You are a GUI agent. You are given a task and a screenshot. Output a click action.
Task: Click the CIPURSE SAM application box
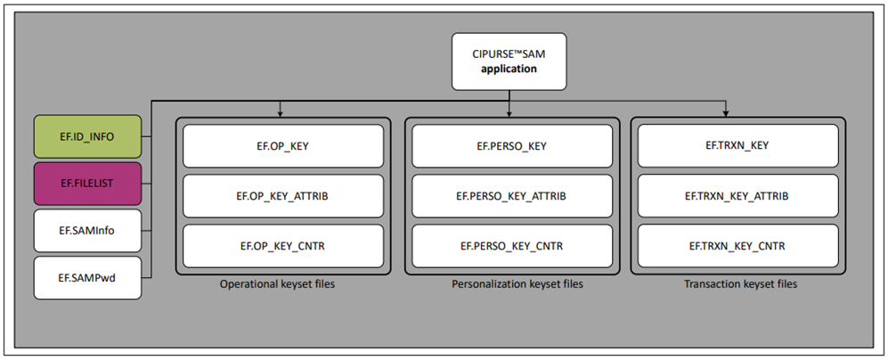point(509,61)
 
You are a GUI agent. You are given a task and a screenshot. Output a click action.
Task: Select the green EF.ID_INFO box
point(87,136)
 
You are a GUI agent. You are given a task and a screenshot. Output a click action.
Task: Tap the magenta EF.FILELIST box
point(87,184)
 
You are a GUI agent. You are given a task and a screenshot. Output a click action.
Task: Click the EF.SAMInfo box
point(87,231)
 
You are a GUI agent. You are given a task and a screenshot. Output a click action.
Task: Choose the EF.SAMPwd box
point(87,278)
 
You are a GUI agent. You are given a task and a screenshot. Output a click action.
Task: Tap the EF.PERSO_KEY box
point(509,146)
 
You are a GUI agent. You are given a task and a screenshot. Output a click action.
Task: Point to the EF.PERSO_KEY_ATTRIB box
point(509,196)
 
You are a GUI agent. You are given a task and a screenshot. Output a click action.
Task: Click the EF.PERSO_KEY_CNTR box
point(509,245)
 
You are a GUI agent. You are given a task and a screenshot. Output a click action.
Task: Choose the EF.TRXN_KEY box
point(737,146)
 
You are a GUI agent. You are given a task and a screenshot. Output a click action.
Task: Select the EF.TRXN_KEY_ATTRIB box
point(737,196)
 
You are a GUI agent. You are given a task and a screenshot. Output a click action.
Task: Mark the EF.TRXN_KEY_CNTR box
point(737,245)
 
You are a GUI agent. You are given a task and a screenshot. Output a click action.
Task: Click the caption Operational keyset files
point(281,285)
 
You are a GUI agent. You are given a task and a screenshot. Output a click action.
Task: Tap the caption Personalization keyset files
point(509,285)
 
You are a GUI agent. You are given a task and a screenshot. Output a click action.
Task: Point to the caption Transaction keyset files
point(737,285)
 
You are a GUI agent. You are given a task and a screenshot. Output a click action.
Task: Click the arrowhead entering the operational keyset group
point(281,113)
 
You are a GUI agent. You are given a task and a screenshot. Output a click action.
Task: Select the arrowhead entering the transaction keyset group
point(727,113)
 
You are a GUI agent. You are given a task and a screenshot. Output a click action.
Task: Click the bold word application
point(509,69)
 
